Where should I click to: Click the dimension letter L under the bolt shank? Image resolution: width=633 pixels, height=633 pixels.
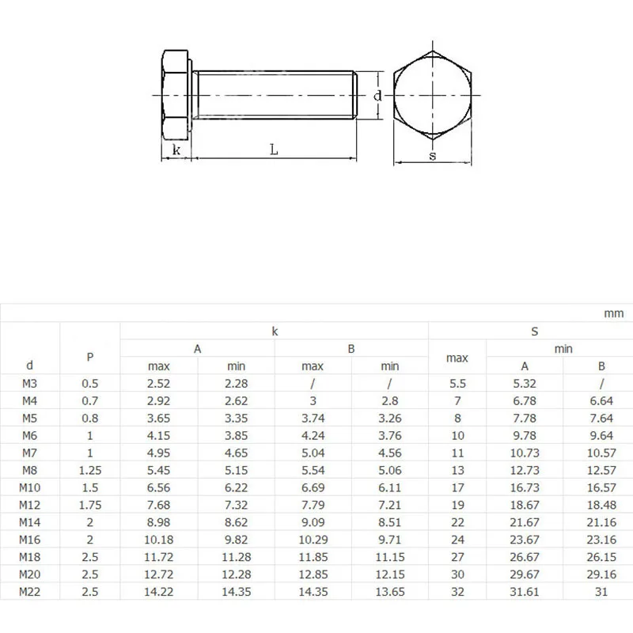click(273, 148)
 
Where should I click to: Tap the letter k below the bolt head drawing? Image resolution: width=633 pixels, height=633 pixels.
click(176, 150)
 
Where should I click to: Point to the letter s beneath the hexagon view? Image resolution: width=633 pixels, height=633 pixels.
click(433, 155)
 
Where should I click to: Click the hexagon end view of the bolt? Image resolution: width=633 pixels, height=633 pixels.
click(433, 96)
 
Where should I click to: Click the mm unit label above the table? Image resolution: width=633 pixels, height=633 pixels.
click(614, 313)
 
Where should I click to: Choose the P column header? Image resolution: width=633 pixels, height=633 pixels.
click(90, 357)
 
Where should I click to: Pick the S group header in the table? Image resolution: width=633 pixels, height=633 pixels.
click(534, 332)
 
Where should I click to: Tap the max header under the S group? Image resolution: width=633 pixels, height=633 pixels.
click(457, 358)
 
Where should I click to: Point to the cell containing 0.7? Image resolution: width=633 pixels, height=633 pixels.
click(90, 401)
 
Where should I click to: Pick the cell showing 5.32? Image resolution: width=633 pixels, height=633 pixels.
click(525, 384)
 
